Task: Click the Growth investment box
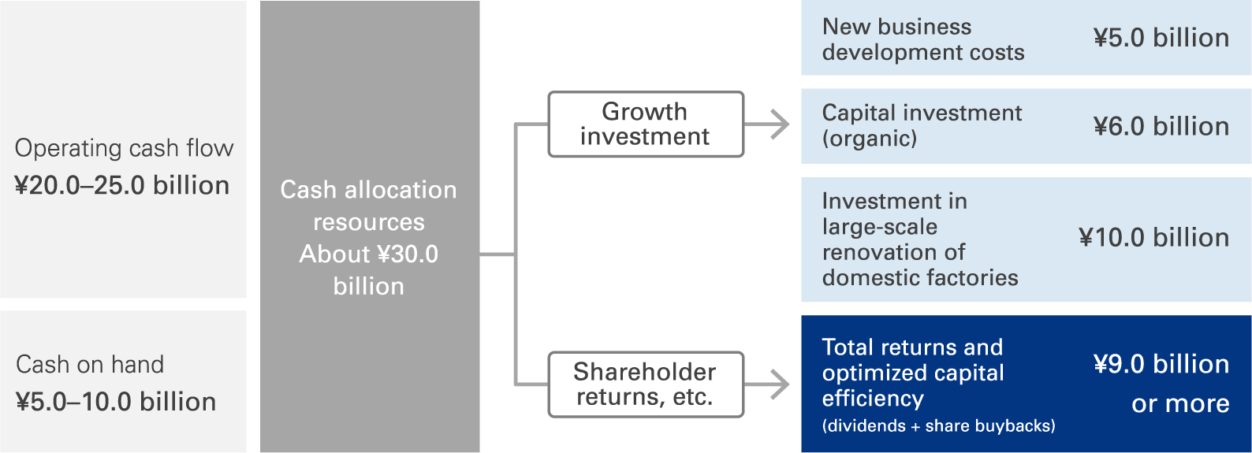coord(646,124)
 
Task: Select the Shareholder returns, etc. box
coord(646,384)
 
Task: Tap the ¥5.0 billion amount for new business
coord(1161,38)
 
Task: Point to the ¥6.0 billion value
coord(1161,126)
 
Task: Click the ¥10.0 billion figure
coord(1154,237)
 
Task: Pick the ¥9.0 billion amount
coord(1161,364)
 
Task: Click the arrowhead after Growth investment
coord(779,124)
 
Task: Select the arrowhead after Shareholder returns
coord(779,384)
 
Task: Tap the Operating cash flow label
coord(124,148)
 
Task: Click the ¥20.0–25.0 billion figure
coord(122,185)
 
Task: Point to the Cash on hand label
coord(90,364)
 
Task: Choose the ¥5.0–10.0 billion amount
coord(116,401)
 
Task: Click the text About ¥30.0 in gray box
coord(369,254)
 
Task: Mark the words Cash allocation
coord(368,189)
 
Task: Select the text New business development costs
coord(923,39)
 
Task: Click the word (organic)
coord(869,138)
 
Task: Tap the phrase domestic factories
coord(920,277)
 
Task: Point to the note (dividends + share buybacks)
coord(938,425)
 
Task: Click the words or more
coord(1180,403)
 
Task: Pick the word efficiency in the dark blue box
coord(873,399)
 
